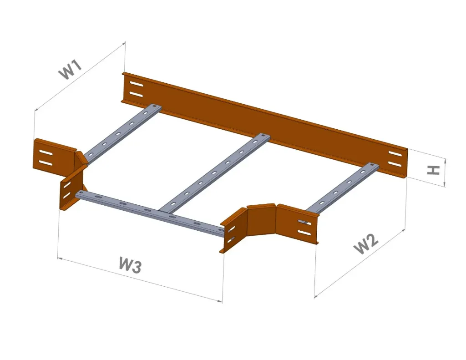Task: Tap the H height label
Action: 434,170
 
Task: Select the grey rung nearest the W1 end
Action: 121,132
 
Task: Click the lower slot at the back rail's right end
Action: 395,164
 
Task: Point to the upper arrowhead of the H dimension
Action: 446,161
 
